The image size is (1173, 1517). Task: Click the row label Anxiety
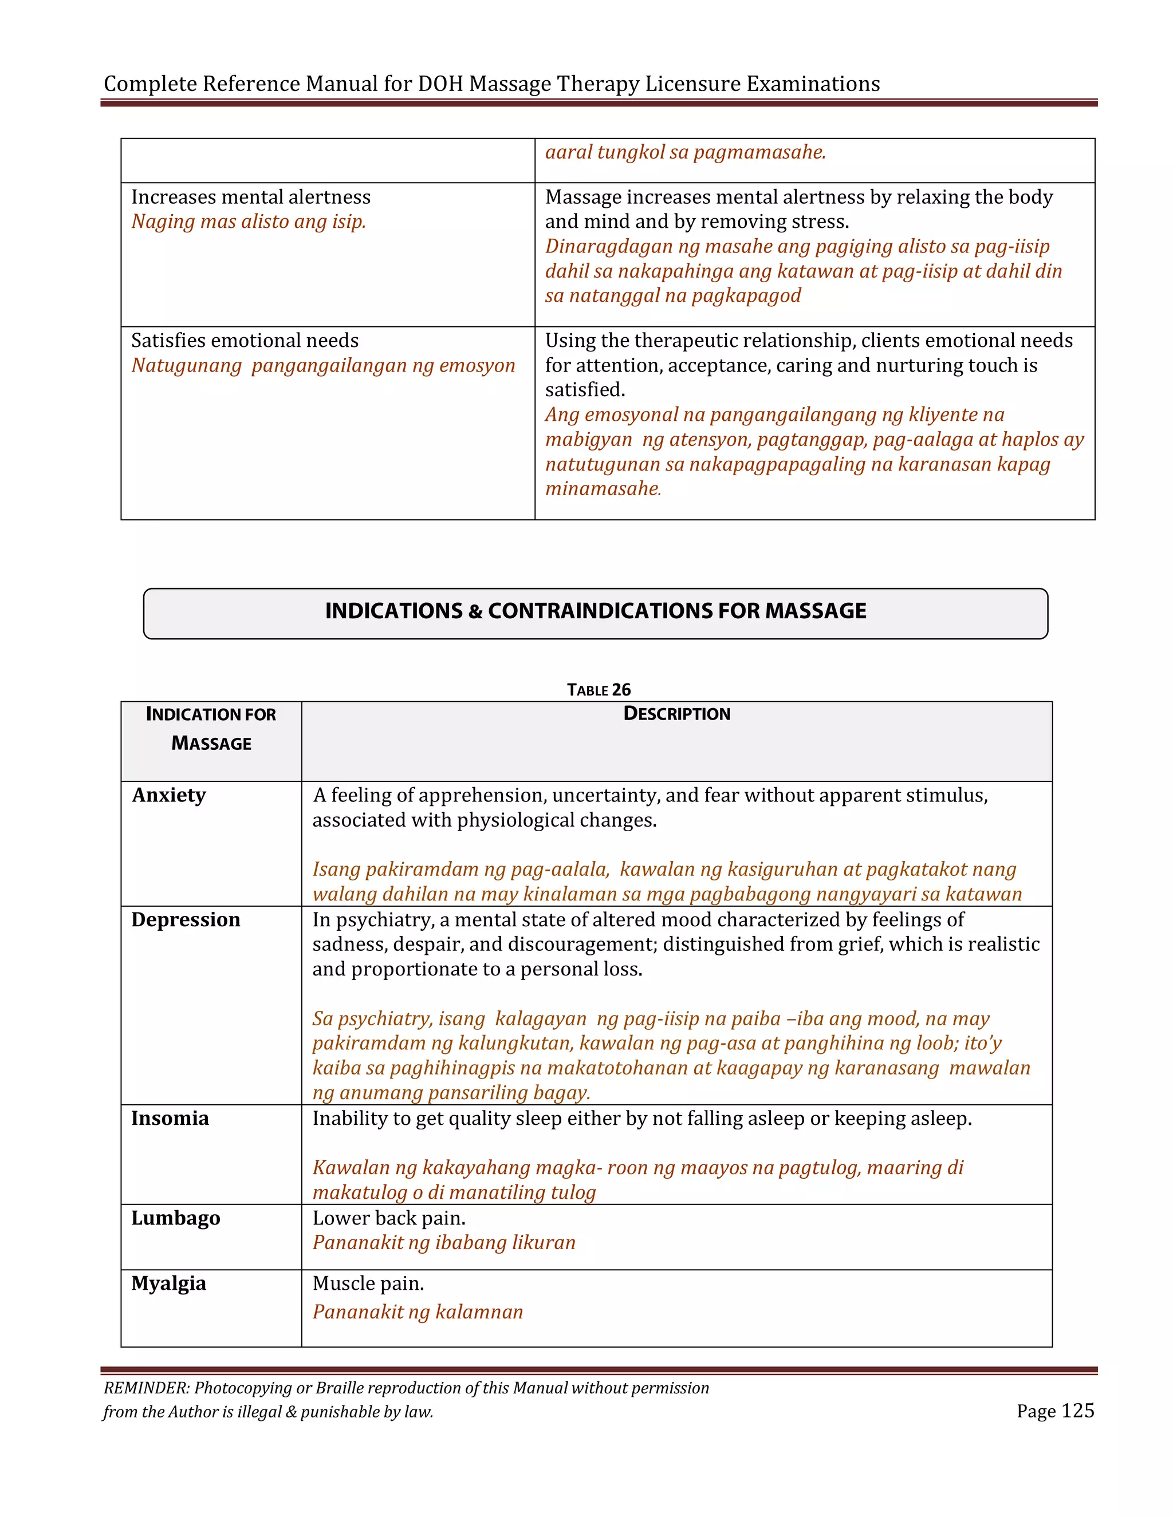169,795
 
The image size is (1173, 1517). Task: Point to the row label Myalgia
169,1283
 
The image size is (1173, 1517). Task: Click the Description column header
676,713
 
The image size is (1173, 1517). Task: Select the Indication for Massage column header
211,728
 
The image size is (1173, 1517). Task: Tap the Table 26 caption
599,689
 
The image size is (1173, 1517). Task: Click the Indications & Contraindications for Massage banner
596,611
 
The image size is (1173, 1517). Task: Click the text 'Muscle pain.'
368,1283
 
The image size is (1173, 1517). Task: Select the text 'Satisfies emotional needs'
245,341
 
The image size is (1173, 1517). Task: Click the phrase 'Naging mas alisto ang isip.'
249,222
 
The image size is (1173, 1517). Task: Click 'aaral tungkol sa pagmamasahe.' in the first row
685,152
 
